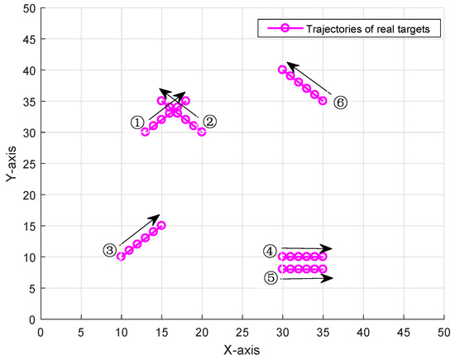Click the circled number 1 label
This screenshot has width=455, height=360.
pos(138,122)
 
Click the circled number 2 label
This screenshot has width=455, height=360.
pos(209,122)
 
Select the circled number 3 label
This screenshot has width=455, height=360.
pos(110,249)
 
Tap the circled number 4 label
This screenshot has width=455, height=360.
pos(271,251)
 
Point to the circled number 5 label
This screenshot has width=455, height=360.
pos(271,277)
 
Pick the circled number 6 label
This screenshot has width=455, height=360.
pos(340,103)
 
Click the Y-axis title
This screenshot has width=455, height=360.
pos(11,163)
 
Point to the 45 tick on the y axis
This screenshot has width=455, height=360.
pos(27,39)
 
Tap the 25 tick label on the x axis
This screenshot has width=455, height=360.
pos(242,330)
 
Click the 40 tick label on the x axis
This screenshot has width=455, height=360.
pos(362,330)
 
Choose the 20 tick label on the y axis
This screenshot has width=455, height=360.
pos(27,194)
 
